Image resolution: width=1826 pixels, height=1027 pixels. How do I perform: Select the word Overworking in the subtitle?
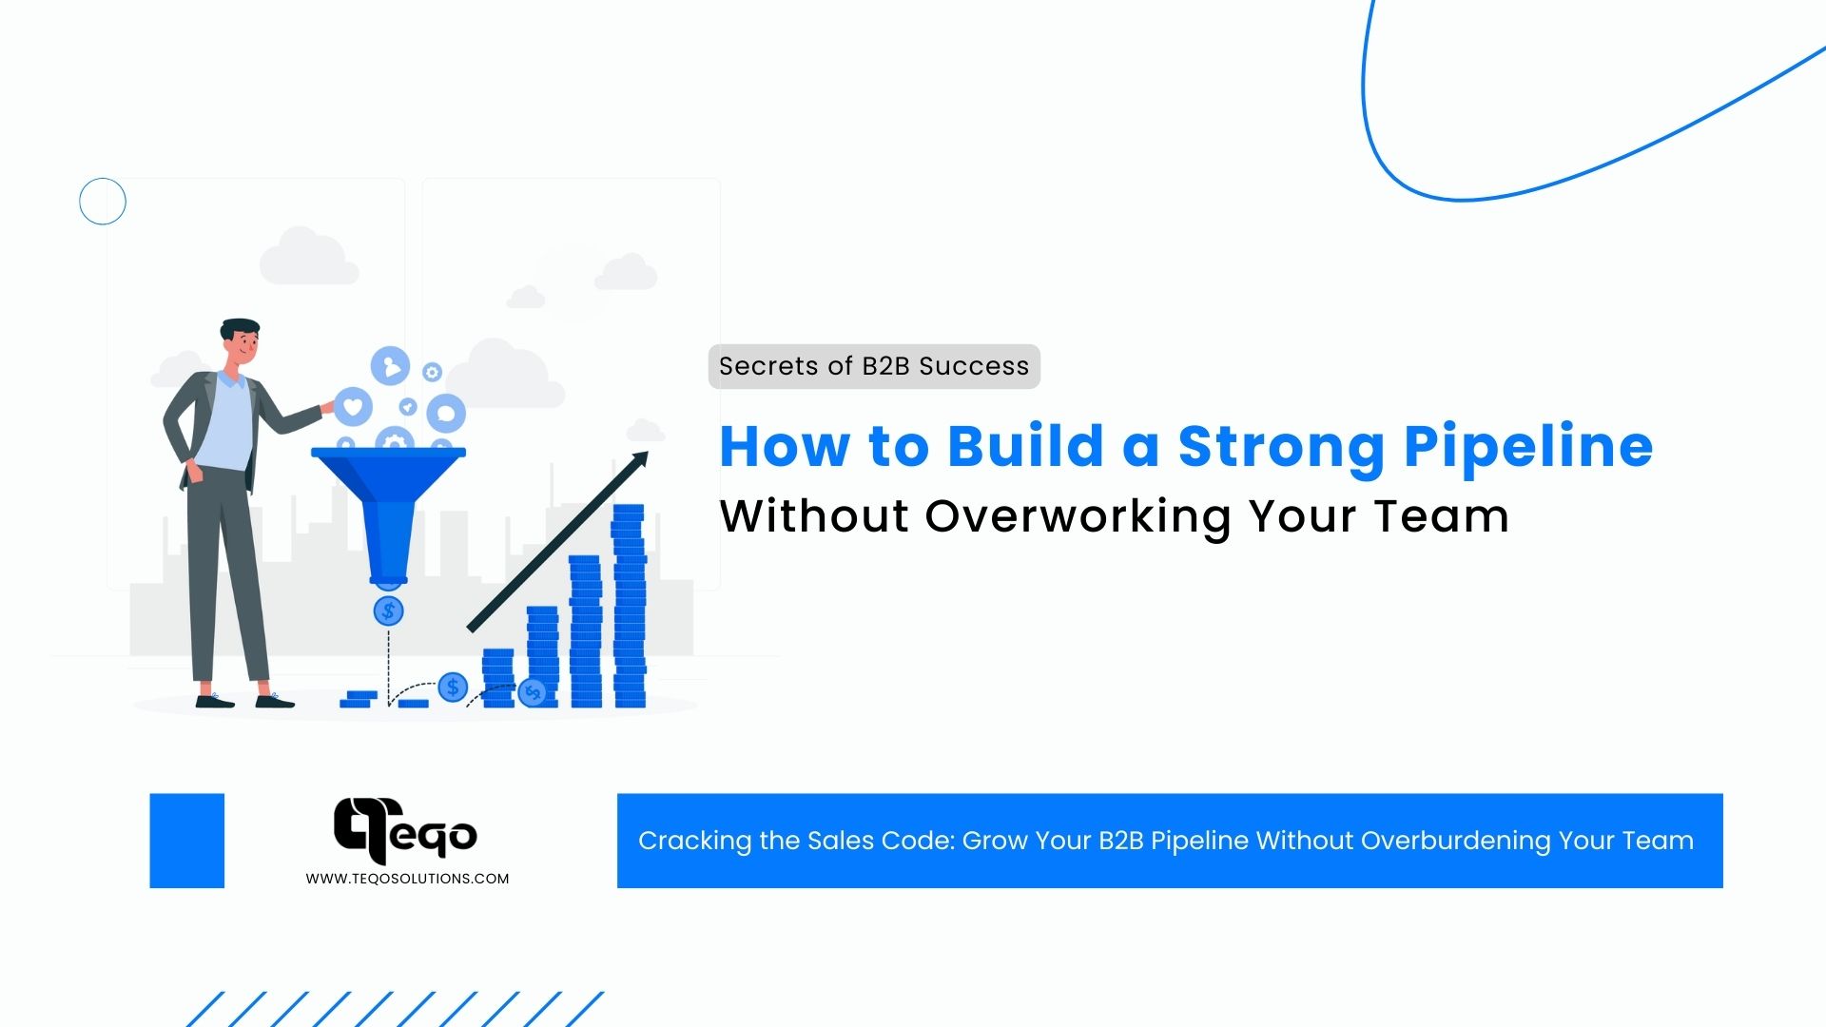point(1078,516)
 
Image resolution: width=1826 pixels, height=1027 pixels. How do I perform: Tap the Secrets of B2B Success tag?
point(874,366)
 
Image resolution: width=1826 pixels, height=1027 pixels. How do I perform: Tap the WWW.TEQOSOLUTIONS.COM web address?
point(407,879)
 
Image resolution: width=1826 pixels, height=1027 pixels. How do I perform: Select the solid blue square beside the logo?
point(187,841)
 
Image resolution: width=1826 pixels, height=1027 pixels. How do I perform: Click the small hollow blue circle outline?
point(103,202)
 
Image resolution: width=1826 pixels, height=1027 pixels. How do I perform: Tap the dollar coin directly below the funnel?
point(388,610)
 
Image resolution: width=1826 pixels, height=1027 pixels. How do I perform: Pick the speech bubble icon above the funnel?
point(446,414)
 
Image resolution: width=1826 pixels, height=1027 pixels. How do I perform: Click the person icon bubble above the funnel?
point(390,366)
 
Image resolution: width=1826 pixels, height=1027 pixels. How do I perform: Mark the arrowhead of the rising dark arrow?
point(640,459)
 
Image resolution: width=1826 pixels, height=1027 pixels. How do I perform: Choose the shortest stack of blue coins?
point(498,677)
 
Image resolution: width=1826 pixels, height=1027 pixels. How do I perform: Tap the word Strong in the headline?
point(1280,447)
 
